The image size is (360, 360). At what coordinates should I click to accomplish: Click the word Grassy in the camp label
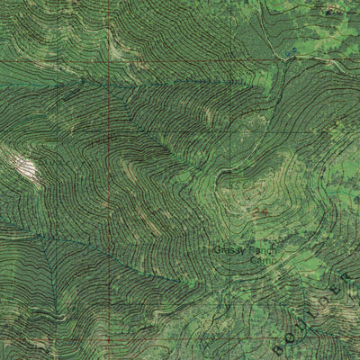pyautogui.click(x=229, y=249)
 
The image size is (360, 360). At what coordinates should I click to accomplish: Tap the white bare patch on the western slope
pyautogui.click(x=24, y=167)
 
